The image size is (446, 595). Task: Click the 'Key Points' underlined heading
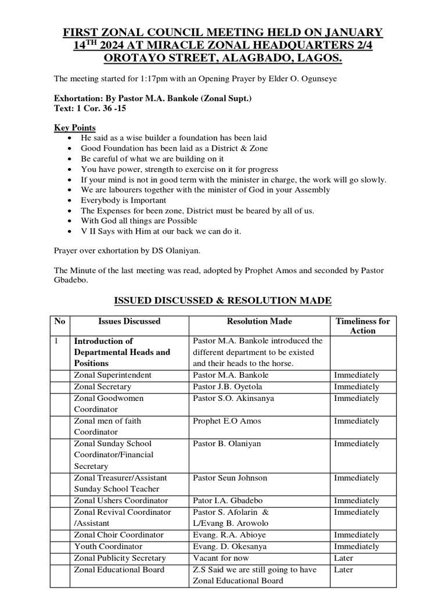point(75,128)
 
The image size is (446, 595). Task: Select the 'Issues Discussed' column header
point(129,321)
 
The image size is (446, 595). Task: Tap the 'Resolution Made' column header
point(259,321)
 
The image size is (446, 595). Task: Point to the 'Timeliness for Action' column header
point(363,325)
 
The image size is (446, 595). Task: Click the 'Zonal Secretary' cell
point(102,387)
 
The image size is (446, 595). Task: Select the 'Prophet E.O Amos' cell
point(226,421)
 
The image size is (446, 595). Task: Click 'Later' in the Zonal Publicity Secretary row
point(343,558)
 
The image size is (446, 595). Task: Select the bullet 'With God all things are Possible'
point(139,221)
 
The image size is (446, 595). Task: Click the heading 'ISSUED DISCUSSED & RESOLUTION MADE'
point(222,300)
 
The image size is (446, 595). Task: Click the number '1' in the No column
point(56,342)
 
